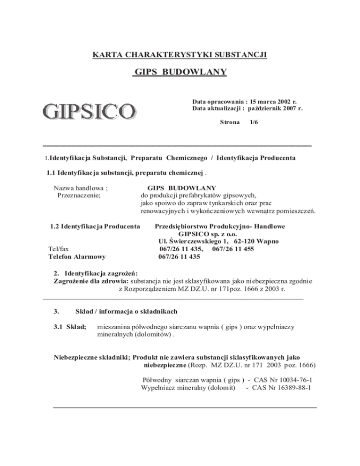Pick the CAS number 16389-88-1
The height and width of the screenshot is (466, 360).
tap(290, 388)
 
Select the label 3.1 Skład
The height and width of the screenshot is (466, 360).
tap(70, 328)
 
